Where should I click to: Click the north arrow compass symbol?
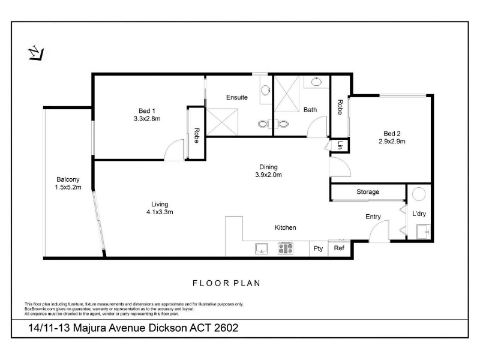(x=36, y=53)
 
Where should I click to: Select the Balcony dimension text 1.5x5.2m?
(x=68, y=187)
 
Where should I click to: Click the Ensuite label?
(x=236, y=97)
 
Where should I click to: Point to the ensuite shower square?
(x=222, y=122)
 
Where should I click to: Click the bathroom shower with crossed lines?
(x=287, y=94)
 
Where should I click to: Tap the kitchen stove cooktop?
(x=286, y=248)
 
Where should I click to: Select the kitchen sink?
(x=262, y=248)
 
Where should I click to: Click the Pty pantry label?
(x=318, y=248)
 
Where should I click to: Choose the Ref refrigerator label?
(x=339, y=248)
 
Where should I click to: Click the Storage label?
(x=368, y=192)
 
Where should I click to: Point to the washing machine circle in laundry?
(x=418, y=194)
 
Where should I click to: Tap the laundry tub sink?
(x=424, y=232)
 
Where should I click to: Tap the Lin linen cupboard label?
(x=340, y=145)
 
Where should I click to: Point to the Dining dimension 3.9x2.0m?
(x=268, y=175)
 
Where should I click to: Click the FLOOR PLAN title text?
(x=227, y=283)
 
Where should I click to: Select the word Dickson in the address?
(x=167, y=328)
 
